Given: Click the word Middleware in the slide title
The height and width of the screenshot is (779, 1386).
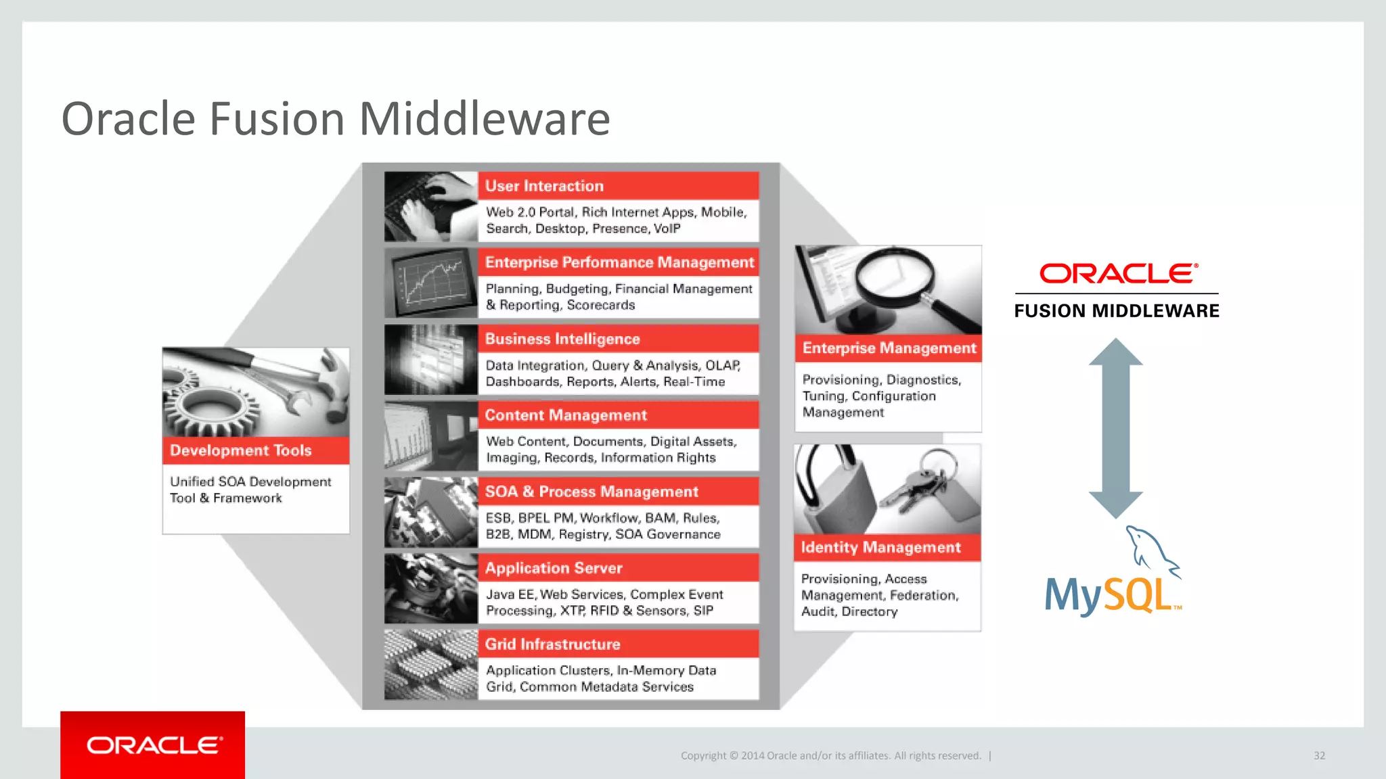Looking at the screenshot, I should coord(484,119).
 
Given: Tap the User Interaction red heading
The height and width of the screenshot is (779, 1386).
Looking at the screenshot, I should coord(544,186).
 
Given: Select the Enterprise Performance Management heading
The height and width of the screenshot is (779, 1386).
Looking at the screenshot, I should coord(619,262).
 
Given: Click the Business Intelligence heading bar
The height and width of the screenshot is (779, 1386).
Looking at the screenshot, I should coord(562,339).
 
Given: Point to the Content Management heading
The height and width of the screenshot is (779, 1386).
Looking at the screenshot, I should coord(566,415).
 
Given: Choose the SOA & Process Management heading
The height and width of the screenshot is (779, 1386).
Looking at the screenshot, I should coord(591,492).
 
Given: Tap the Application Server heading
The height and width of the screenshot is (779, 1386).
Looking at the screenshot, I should coord(553,568).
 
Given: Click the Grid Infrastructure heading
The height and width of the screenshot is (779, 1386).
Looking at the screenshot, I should coord(552,644).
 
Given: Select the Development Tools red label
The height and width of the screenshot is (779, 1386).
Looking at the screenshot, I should coord(241,450).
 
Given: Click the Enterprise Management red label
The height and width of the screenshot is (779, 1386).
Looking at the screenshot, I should coord(889,348).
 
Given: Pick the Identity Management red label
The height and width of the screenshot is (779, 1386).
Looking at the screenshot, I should coord(880,547).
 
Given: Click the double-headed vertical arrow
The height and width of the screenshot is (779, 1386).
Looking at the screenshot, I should coord(1115,428).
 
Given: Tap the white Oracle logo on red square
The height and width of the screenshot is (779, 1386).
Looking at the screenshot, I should coord(154,745).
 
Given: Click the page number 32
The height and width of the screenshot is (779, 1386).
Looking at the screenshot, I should coord(1319,755).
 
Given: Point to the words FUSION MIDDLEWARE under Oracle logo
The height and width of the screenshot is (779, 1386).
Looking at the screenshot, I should coord(1117,311).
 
